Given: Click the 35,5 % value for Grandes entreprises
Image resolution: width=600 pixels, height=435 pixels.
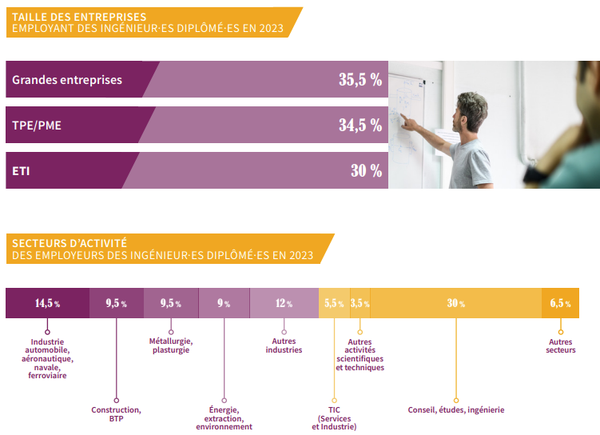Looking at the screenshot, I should point(360,80).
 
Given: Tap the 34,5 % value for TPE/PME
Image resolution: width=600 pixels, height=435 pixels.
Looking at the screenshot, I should point(360,126).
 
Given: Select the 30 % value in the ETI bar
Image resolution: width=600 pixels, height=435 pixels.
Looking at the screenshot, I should point(366,171).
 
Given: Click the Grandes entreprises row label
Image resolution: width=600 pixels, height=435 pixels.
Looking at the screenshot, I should point(67,80).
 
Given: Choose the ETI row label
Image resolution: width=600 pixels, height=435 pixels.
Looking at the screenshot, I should point(21,171).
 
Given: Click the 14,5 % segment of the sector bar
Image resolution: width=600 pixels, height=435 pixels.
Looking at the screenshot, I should point(47,304).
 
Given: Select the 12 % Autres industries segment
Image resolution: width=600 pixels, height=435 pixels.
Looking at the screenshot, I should point(284,304).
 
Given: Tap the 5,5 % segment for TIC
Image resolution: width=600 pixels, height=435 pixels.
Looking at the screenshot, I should point(333,304).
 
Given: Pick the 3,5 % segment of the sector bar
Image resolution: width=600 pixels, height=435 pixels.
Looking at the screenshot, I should point(360,304).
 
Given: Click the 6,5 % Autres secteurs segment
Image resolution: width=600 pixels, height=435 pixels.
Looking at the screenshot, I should point(560,304).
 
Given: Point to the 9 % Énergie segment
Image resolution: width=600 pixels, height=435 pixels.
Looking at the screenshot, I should point(224,304).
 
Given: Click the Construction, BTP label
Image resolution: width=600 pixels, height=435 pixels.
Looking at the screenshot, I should point(116,413).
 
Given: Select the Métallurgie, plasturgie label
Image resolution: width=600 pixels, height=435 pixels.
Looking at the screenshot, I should point(171,345).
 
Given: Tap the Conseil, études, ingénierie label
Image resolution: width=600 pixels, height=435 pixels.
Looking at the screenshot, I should point(455,410).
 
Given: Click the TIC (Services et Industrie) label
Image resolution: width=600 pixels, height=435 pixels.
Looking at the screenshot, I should point(334,418).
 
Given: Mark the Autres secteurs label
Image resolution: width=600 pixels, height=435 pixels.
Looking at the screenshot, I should point(561,345).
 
